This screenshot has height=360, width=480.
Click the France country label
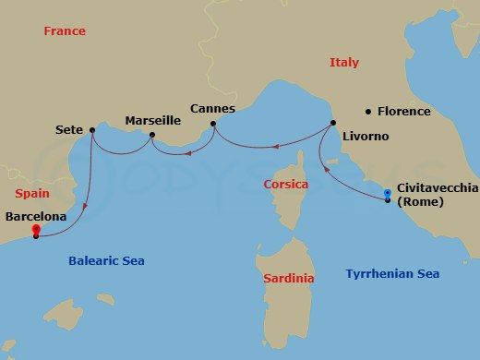[x=65, y=31]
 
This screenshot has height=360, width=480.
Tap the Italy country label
[x=344, y=63]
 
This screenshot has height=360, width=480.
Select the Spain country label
[x=33, y=194]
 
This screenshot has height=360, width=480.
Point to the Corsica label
[x=286, y=184]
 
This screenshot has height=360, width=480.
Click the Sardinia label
[x=289, y=278]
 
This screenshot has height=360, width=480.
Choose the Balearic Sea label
[x=106, y=261]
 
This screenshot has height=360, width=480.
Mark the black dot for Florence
[x=369, y=112]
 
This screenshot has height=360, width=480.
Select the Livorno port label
[x=365, y=137]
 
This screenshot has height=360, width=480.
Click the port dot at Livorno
[x=332, y=124]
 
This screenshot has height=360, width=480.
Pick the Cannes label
[x=212, y=109]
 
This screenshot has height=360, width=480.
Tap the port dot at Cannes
[x=213, y=124]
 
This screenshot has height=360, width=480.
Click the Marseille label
[x=152, y=120]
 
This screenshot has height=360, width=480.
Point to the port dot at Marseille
[x=152, y=135]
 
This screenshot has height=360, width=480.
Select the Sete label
[x=69, y=130]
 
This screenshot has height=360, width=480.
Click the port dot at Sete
[x=92, y=130]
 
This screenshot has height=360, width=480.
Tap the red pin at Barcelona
[x=35, y=229]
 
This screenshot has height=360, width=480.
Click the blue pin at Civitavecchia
[x=388, y=193]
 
